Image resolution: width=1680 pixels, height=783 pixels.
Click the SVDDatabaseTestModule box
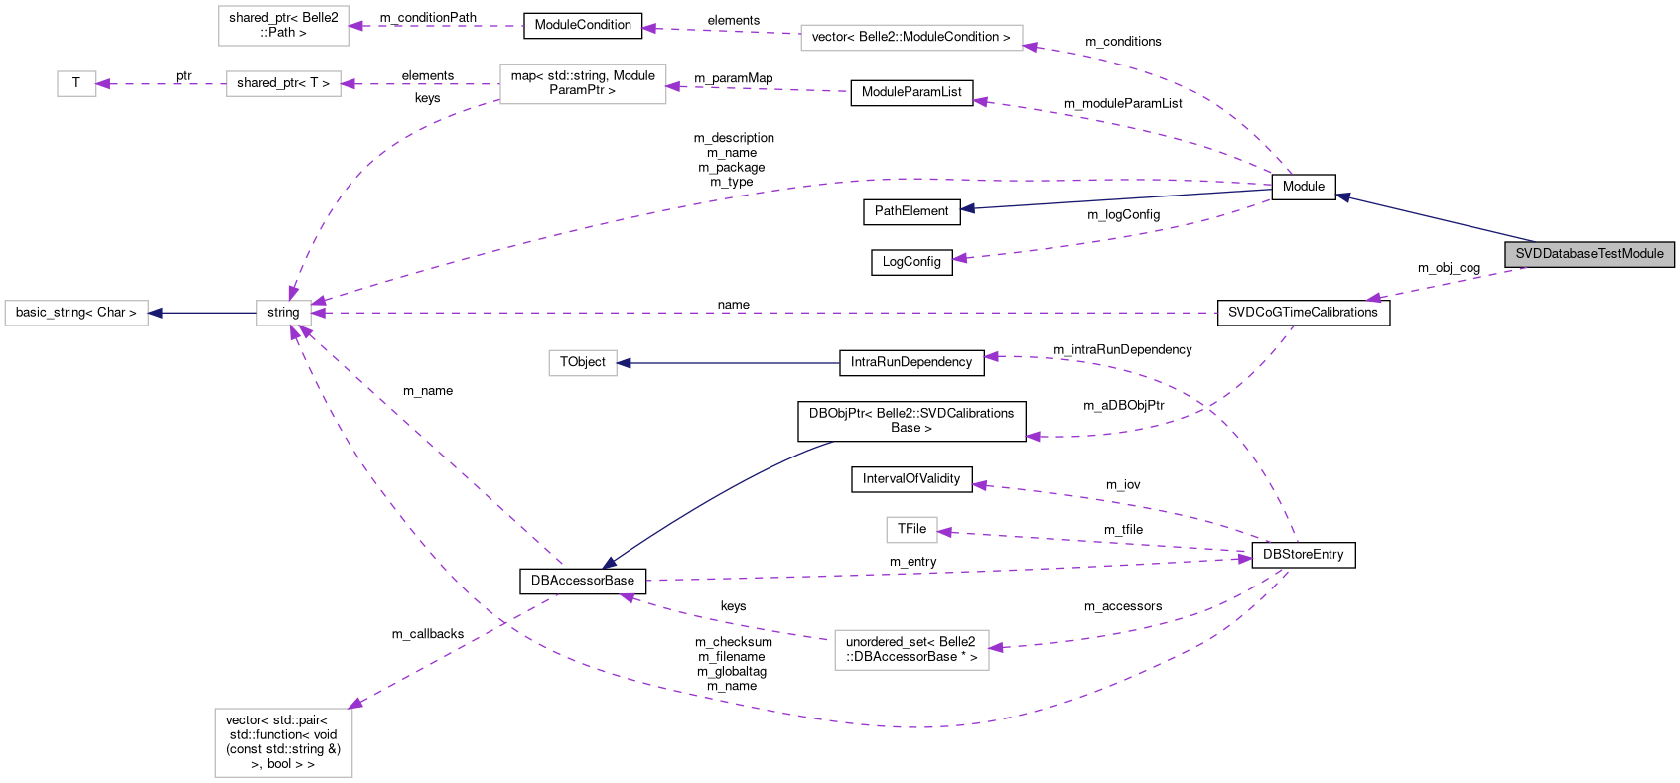pyautogui.click(x=1589, y=254)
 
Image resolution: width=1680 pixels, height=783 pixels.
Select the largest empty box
pyautogui.click(x=284, y=742)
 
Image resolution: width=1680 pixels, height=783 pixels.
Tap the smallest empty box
pyautogui.click(x=76, y=84)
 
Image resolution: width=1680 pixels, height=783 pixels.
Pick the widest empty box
pyautogui.click(x=911, y=38)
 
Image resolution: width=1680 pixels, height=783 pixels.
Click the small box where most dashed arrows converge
pyautogui.click(x=284, y=313)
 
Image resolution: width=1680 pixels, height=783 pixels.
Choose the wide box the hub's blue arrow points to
pyautogui.click(x=76, y=313)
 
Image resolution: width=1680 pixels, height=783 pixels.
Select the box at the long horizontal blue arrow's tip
pyautogui.click(x=583, y=363)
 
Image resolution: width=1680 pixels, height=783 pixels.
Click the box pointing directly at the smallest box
pyautogui.click(x=284, y=84)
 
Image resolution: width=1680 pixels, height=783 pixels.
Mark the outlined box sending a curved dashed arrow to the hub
pyautogui.click(x=583, y=84)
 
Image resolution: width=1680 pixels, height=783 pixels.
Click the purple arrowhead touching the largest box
pyautogui.click(x=356, y=704)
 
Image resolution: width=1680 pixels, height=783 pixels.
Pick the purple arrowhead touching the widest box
pyautogui.click(x=1031, y=46)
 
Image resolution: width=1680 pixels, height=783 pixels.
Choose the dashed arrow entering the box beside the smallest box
pyautogui.click(x=417, y=84)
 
